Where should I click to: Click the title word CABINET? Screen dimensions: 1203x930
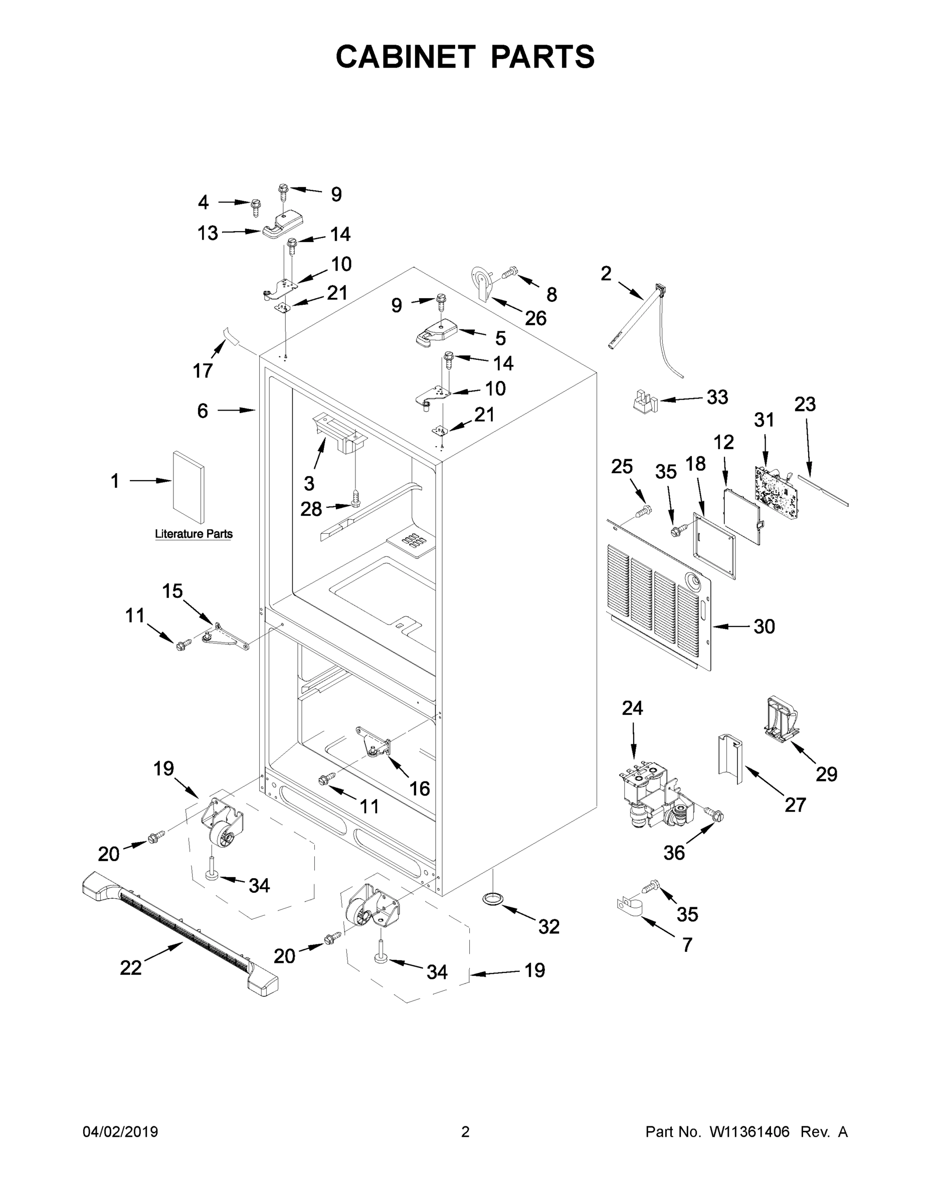(x=405, y=57)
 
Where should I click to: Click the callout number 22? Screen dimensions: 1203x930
(x=130, y=968)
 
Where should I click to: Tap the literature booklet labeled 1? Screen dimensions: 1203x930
(x=189, y=487)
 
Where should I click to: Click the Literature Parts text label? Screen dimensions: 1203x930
(x=194, y=534)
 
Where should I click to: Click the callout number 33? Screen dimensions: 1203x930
(x=717, y=396)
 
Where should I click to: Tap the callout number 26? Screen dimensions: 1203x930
(x=535, y=318)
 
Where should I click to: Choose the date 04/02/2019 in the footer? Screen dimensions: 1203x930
(x=120, y=1132)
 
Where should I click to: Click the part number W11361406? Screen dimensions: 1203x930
(x=750, y=1132)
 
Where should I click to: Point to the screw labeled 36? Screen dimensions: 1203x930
(x=714, y=815)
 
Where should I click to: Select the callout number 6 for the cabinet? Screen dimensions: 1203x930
(x=202, y=411)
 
